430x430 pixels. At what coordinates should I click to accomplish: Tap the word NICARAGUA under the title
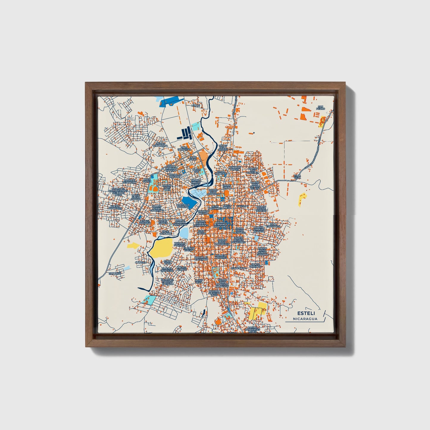tap(305, 319)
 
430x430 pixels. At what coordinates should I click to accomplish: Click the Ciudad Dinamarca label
tap(160, 144)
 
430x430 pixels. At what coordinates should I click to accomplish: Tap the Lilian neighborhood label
tap(196, 105)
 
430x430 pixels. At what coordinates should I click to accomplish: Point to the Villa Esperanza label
tap(274, 225)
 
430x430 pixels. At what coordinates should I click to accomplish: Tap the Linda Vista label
tap(168, 262)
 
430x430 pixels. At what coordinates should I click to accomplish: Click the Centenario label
tap(239, 268)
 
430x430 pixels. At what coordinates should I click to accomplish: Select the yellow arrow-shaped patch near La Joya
tap(133, 246)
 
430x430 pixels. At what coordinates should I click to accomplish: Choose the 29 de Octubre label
tap(165, 233)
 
